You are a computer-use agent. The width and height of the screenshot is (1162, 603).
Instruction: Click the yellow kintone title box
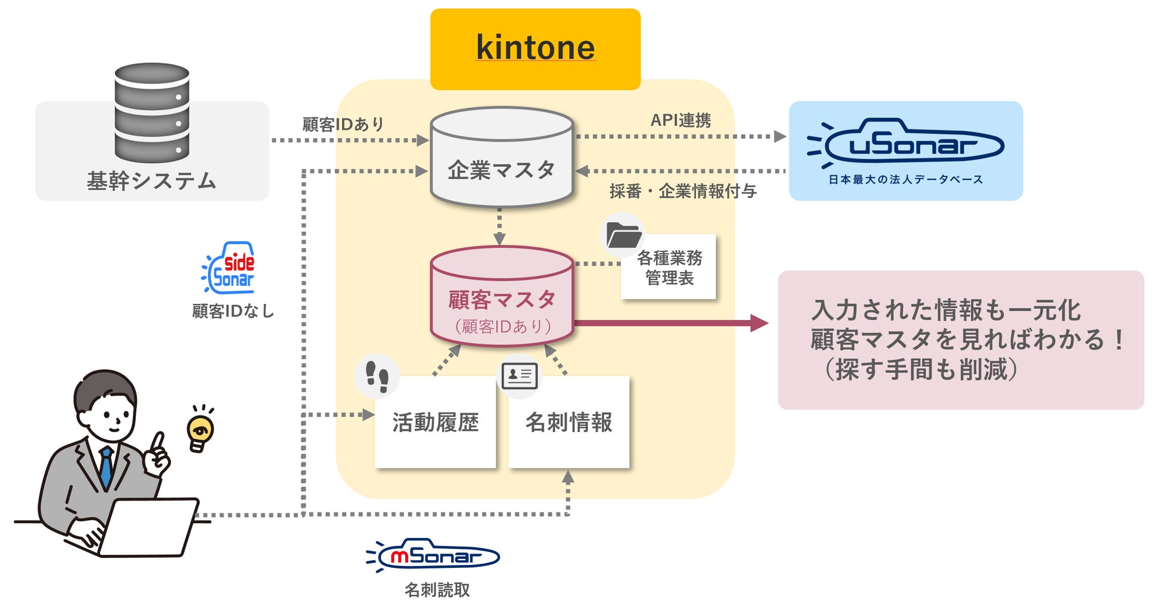point(535,49)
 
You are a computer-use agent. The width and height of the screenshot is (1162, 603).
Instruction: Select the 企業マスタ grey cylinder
point(501,158)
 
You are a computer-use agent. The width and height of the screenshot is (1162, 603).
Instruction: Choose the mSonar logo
point(433,556)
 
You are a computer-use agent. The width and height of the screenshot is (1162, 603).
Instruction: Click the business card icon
point(519,375)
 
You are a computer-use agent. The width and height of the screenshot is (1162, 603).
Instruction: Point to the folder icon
point(623,236)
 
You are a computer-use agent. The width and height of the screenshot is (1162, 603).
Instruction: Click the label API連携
point(681,121)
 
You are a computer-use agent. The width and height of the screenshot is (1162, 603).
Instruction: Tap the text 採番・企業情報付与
point(683,191)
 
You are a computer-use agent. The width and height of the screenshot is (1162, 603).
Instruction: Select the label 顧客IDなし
point(233,311)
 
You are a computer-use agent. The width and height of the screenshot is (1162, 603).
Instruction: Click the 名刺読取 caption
point(437,590)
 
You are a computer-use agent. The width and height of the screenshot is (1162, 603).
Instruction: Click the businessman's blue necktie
point(106,468)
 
